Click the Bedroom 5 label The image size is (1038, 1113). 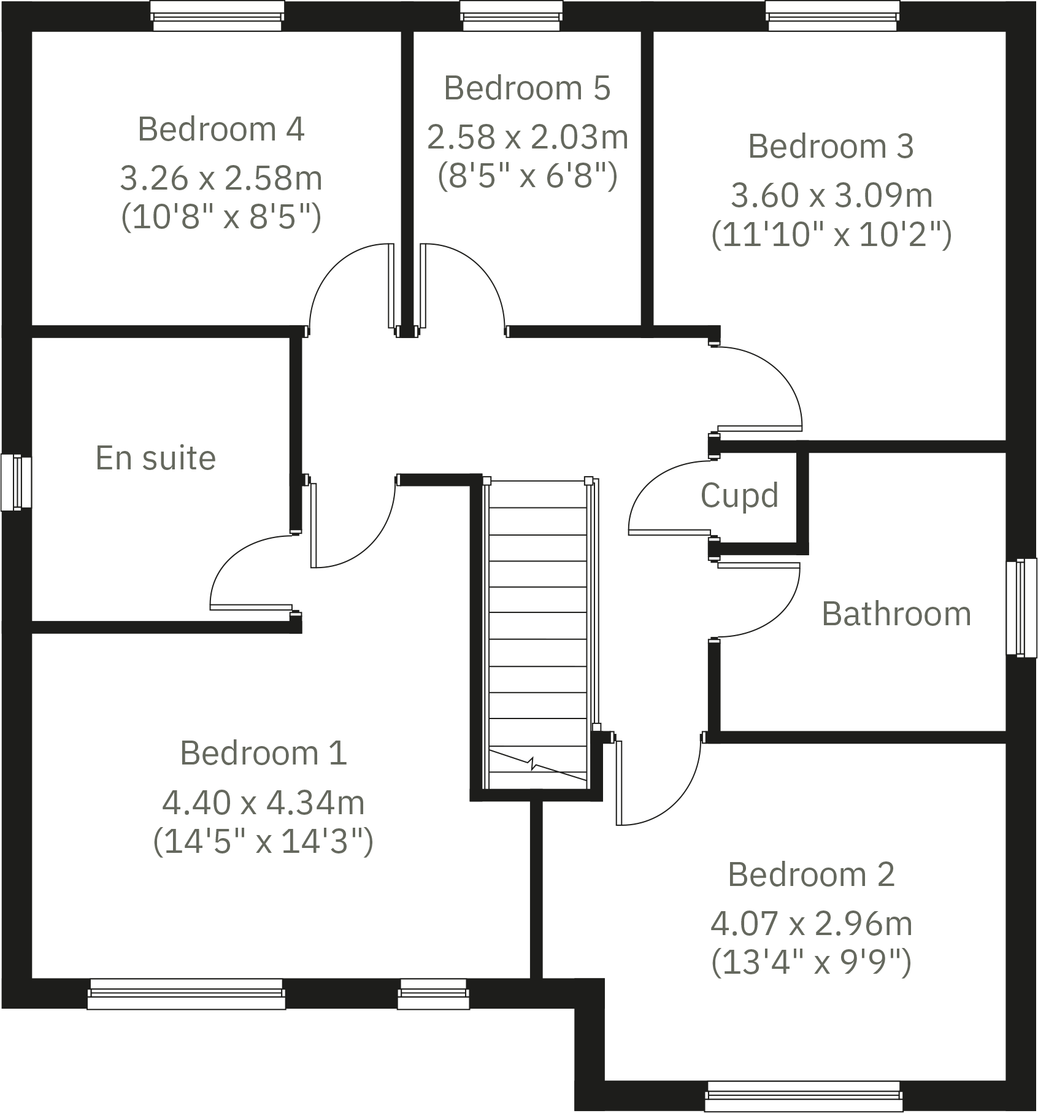(527, 88)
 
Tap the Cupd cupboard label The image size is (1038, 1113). (739, 495)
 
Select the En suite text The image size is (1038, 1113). (156, 458)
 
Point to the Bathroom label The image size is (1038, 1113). (896, 614)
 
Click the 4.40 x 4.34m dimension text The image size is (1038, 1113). (263, 803)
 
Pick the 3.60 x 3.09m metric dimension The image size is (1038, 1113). (831, 196)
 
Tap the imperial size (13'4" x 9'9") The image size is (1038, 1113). (811, 961)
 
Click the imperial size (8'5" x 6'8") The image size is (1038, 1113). (527, 176)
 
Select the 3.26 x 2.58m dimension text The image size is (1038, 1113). (221, 179)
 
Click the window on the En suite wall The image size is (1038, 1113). (15, 482)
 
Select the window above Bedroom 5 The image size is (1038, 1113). (511, 16)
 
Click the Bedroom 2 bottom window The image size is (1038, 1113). (804, 1096)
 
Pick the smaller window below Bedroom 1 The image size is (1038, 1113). (433, 993)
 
